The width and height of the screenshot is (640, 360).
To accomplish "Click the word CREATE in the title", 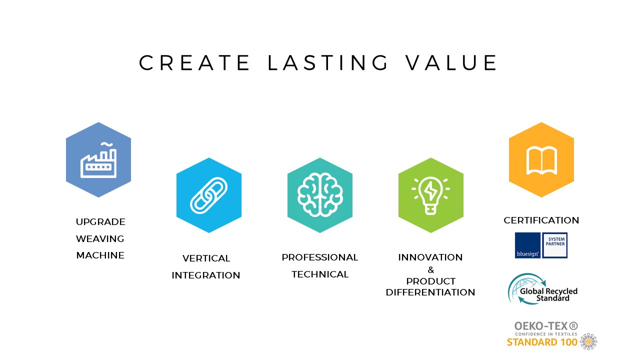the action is tap(194, 62).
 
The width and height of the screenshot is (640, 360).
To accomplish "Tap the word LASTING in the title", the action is tap(327, 62).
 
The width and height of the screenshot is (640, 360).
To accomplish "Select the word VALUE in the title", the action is tap(451, 62).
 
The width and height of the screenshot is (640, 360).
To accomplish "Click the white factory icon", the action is tap(98, 160).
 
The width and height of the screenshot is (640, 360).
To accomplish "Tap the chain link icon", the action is tap(209, 195).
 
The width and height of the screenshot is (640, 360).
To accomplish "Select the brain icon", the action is tap(320, 194).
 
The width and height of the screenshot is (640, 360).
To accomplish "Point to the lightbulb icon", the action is tap(430, 195).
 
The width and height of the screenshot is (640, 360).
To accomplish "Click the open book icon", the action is tap(541, 160).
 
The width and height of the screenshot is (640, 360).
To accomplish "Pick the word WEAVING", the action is tap(100, 238).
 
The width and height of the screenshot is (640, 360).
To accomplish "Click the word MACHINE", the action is tap(100, 255).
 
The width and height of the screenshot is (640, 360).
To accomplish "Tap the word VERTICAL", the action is tap(206, 258).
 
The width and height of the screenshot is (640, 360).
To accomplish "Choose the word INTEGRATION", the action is tap(206, 275).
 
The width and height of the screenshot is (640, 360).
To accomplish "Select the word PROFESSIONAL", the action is tap(320, 257).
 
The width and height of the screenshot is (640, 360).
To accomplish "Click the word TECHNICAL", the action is tap(320, 274).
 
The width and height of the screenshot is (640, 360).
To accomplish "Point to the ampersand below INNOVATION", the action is tap(431, 269).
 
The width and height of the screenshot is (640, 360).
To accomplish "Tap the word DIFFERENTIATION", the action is tap(430, 292).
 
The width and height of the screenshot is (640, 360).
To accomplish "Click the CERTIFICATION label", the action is tap(541, 220).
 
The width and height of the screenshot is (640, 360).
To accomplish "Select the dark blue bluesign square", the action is tap(527, 245).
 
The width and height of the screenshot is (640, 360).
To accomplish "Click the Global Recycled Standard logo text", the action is tap(548, 294).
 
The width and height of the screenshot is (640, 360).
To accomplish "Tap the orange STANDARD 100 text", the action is tap(542, 342).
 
